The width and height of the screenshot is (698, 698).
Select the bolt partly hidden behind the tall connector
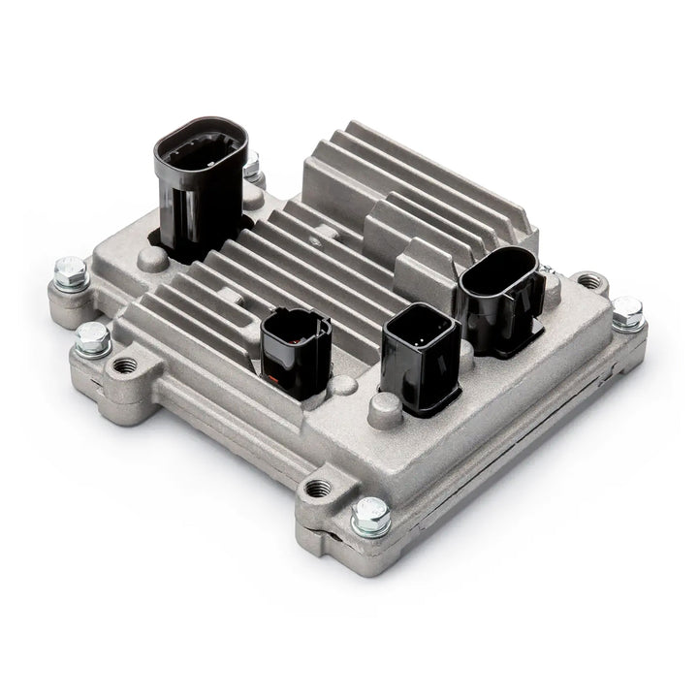click(x=254, y=173)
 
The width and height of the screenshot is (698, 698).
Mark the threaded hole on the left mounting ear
click(x=125, y=365)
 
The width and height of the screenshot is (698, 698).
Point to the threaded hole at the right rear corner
click(x=587, y=281)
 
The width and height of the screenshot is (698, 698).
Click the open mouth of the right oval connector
click(x=498, y=269)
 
